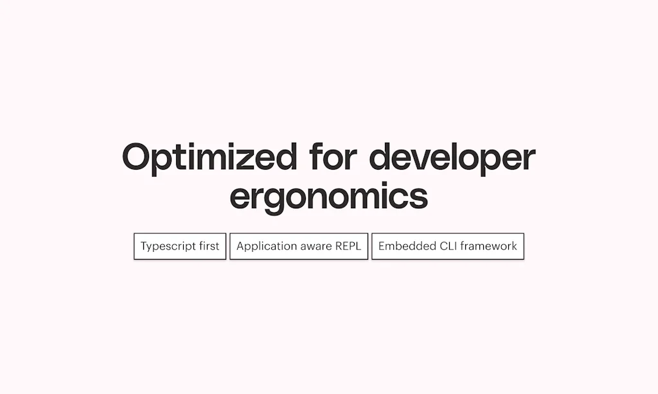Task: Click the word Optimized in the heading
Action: [x=209, y=157]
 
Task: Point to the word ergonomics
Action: [x=328, y=196]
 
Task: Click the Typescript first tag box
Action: [x=180, y=246]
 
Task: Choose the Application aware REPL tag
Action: [x=299, y=246]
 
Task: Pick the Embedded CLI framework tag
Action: [x=447, y=246]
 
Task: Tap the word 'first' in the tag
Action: [x=209, y=246]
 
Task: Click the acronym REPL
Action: [x=348, y=246]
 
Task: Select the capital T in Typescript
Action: [x=144, y=246]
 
